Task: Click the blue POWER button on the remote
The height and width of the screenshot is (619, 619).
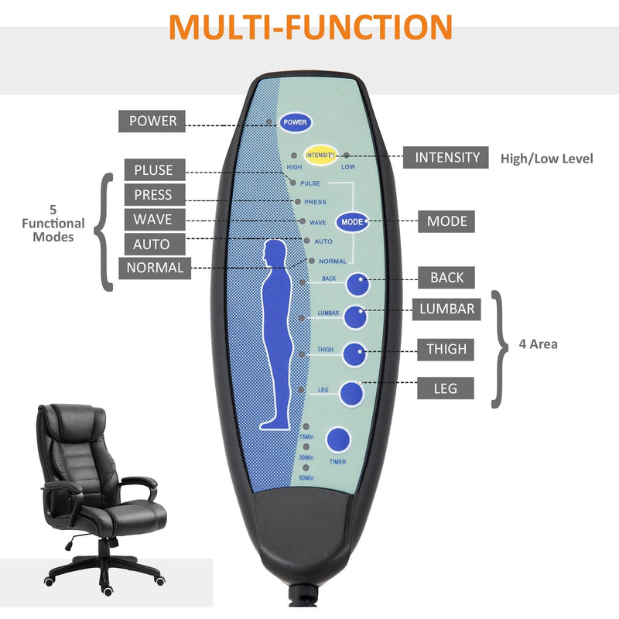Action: click(x=296, y=122)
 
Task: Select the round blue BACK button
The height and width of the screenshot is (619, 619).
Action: click(x=357, y=286)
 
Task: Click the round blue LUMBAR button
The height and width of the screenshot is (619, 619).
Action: click(x=356, y=317)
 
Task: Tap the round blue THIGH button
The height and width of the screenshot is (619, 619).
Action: click(x=354, y=354)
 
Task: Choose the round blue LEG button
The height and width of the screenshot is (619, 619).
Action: click(x=352, y=393)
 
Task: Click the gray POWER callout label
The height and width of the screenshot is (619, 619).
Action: click(x=152, y=121)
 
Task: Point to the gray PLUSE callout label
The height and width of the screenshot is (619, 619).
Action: click(x=153, y=170)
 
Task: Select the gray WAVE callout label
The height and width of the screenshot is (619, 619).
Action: click(x=152, y=219)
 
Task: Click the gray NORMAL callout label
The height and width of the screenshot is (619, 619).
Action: click(x=156, y=268)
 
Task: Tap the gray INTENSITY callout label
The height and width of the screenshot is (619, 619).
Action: click(x=447, y=158)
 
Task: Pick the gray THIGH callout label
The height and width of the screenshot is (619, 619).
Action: click(x=446, y=349)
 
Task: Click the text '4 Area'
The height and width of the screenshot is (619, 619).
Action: click(x=539, y=344)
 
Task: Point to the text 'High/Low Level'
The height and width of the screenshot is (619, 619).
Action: click(x=546, y=159)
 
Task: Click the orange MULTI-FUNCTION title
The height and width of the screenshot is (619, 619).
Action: click(x=310, y=27)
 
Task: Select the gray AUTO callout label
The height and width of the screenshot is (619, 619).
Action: click(x=152, y=244)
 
